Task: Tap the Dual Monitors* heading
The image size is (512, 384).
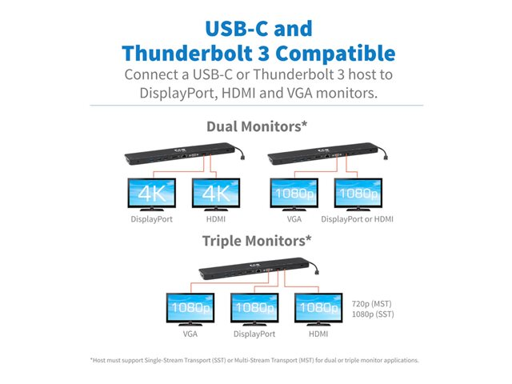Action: tap(257, 126)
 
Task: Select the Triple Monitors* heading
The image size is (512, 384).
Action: tap(257, 241)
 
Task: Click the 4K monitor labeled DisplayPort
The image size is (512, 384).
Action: tap(152, 194)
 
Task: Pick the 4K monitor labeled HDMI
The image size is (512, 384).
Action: tap(216, 194)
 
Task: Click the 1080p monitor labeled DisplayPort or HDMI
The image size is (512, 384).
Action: tap(358, 194)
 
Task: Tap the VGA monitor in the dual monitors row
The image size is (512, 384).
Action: tap(294, 194)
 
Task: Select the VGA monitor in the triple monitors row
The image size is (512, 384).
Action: tap(190, 309)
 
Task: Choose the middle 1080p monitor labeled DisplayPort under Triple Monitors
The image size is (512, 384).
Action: tap(254, 309)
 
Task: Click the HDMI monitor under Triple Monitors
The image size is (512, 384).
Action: tap(318, 309)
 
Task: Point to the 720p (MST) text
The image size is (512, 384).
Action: tap(371, 304)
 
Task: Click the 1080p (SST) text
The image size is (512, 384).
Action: tap(373, 314)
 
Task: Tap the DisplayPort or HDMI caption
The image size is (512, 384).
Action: tap(358, 219)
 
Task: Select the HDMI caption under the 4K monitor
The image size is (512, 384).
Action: tap(216, 219)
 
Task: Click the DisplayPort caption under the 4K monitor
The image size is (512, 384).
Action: tap(151, 219)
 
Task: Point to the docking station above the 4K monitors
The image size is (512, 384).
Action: tap(185, 154)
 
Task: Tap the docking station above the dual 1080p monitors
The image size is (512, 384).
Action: tap(327, 154)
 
